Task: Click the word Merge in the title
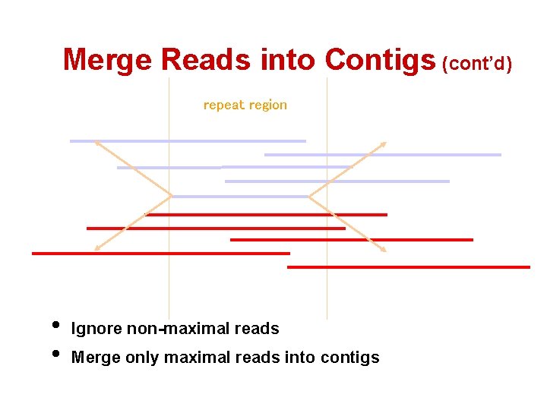(108, 59)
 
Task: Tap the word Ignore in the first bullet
(96, 329)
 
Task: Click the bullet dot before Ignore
(55, 326)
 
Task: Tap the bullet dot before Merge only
(55, 354)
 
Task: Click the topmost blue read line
(188, 141)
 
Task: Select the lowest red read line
(408, 267)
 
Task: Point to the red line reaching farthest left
(160, 254)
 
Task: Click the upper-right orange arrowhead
(383, 144)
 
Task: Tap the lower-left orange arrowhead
(96, 248)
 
